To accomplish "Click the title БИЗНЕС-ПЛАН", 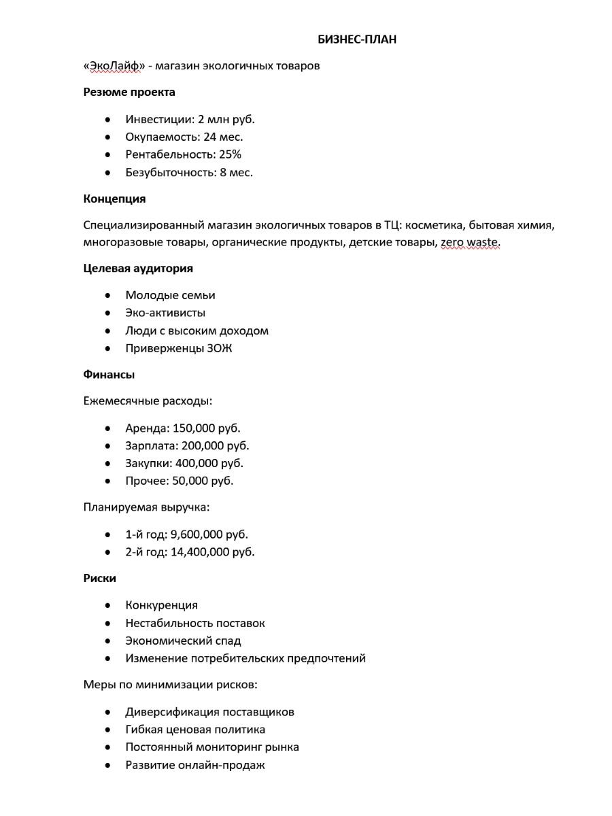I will click(x=357, y=39).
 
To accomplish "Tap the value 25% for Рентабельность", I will click(x=230, y=154).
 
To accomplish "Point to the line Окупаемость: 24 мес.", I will click(x=184, y=137).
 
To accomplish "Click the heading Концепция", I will click(x=114, y=199).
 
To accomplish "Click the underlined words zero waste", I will click(x=470, y=243).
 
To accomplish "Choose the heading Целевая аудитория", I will click(x=138, y=269).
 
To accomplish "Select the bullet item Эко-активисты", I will click(x=165, y=313).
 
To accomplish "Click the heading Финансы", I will click(x=109, y=375).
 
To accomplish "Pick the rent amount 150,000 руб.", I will click(x=207, y=428).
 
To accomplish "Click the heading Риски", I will click(x=99, y=579).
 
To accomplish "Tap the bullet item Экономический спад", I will click(x=183, y=641).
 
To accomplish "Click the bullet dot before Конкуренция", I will click(x=108, y=605).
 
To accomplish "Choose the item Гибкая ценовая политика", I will click(x=195, y=730).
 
